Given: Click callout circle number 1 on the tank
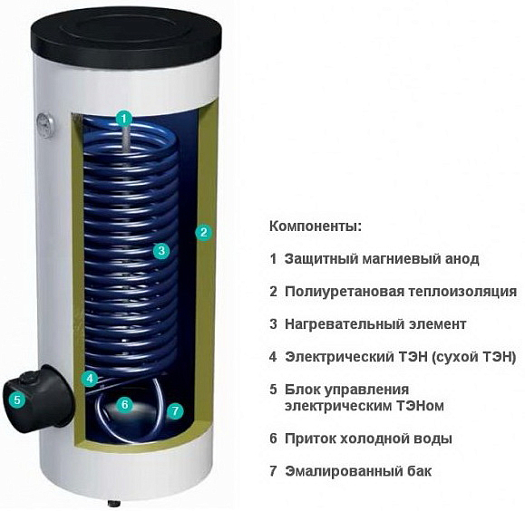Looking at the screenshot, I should click(124, 117).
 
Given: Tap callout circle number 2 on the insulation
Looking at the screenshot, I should click(205, 232).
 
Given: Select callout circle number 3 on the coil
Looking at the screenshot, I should click(160, 251).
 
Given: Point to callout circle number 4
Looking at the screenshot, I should click(90, 378).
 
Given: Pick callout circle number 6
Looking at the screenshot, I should click(125, 405).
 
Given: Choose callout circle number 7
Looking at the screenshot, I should click(175, 410).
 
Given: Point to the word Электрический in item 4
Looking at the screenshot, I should click(329, 356).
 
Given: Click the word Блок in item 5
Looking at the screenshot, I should click(302, 390).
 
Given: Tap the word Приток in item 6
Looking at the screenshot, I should click(308, 439).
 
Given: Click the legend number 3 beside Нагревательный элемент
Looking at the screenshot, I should click(273, 323).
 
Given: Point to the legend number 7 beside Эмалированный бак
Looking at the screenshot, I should click(273, 471).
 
